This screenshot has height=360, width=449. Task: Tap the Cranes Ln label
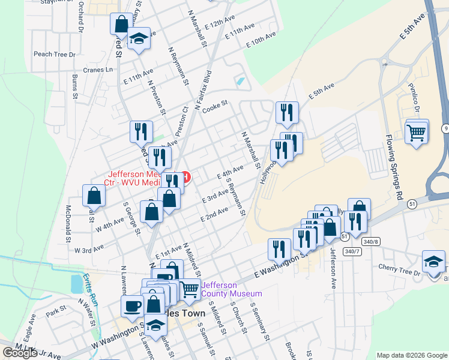point(99,70)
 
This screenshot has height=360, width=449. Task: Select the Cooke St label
point(215,104)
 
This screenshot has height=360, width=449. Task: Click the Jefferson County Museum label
point(232,289)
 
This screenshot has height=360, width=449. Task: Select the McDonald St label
point(68,224)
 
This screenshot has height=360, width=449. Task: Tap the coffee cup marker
point(133,305)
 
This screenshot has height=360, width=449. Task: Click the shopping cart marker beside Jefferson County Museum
point(190,289)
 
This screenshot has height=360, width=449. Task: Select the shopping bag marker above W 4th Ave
point(94,195)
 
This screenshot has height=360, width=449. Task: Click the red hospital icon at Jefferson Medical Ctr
point(186,177)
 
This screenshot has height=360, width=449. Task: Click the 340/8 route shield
point(370,241)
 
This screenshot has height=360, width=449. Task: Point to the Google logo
point(20,353)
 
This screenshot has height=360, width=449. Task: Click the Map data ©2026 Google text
point(412,355)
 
